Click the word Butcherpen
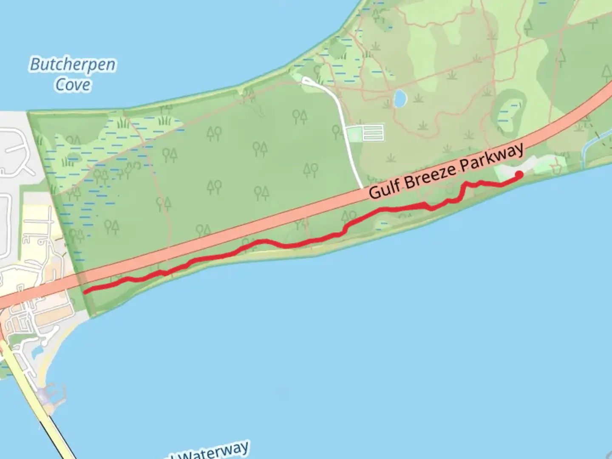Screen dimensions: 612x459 (73, 65)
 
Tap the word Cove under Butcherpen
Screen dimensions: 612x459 (73, 85)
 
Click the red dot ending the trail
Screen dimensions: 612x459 (519, 174)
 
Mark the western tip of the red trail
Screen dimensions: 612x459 (85, 292)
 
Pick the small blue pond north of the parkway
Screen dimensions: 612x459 (400, 99)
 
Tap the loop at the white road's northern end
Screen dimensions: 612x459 (307, 81)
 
